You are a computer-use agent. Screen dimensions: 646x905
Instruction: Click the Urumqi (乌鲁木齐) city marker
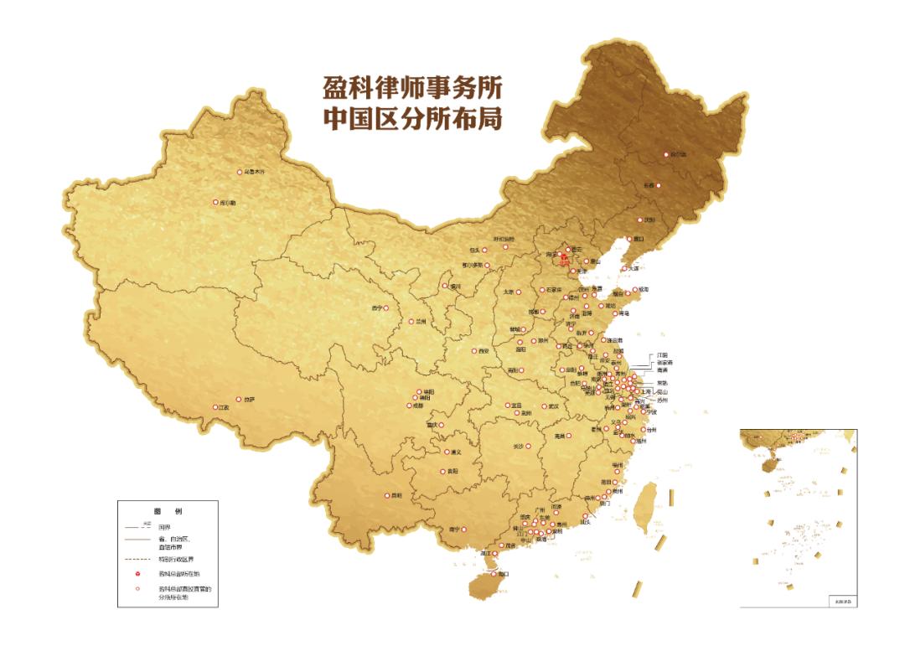[x=238, y=171]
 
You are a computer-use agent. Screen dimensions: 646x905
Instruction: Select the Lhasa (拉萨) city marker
[x=238, y=400]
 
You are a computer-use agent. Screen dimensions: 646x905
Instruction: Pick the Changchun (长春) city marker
[x=658, y=185]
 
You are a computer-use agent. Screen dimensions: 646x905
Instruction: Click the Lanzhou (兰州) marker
[x=411, y=321]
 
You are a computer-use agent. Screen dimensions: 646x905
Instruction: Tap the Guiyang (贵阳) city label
[x=452, y=472]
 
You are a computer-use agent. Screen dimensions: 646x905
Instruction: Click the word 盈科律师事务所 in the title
[x=411, y=88]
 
